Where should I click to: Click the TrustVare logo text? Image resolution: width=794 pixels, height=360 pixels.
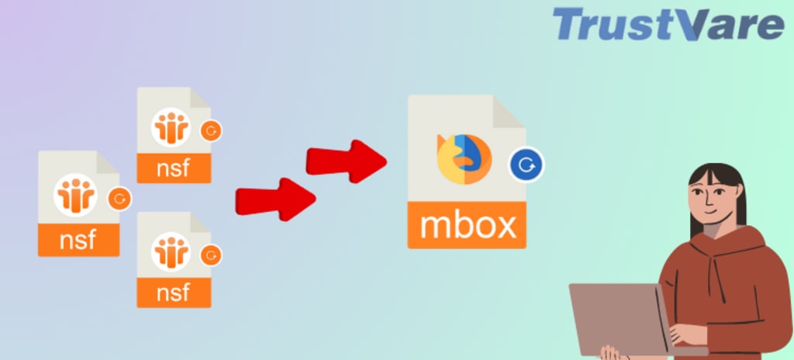tap(668, 25)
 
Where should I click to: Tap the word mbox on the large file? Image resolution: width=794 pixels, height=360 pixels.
tap(467, 225)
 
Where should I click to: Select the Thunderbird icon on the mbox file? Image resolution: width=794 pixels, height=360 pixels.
tap(464, 159)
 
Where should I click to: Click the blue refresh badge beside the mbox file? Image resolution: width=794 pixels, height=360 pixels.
tap(526, 164)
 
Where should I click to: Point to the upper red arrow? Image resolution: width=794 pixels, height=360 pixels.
tap(346, 159)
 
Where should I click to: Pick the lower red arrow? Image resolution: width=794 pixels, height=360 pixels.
tap(275, 199)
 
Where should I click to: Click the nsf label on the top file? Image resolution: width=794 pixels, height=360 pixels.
tap(174, 168)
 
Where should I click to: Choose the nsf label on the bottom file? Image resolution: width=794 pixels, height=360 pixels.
tap(174, 292)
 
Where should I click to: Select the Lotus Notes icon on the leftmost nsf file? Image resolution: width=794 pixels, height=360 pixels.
tap(75, 194)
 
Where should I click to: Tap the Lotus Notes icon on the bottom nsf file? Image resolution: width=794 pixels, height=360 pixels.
tap(171, 253)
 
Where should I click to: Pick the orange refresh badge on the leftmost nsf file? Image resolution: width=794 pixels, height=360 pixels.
tap(119, 199)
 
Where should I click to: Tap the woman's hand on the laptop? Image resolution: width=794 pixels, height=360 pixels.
tap(687, 334)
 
